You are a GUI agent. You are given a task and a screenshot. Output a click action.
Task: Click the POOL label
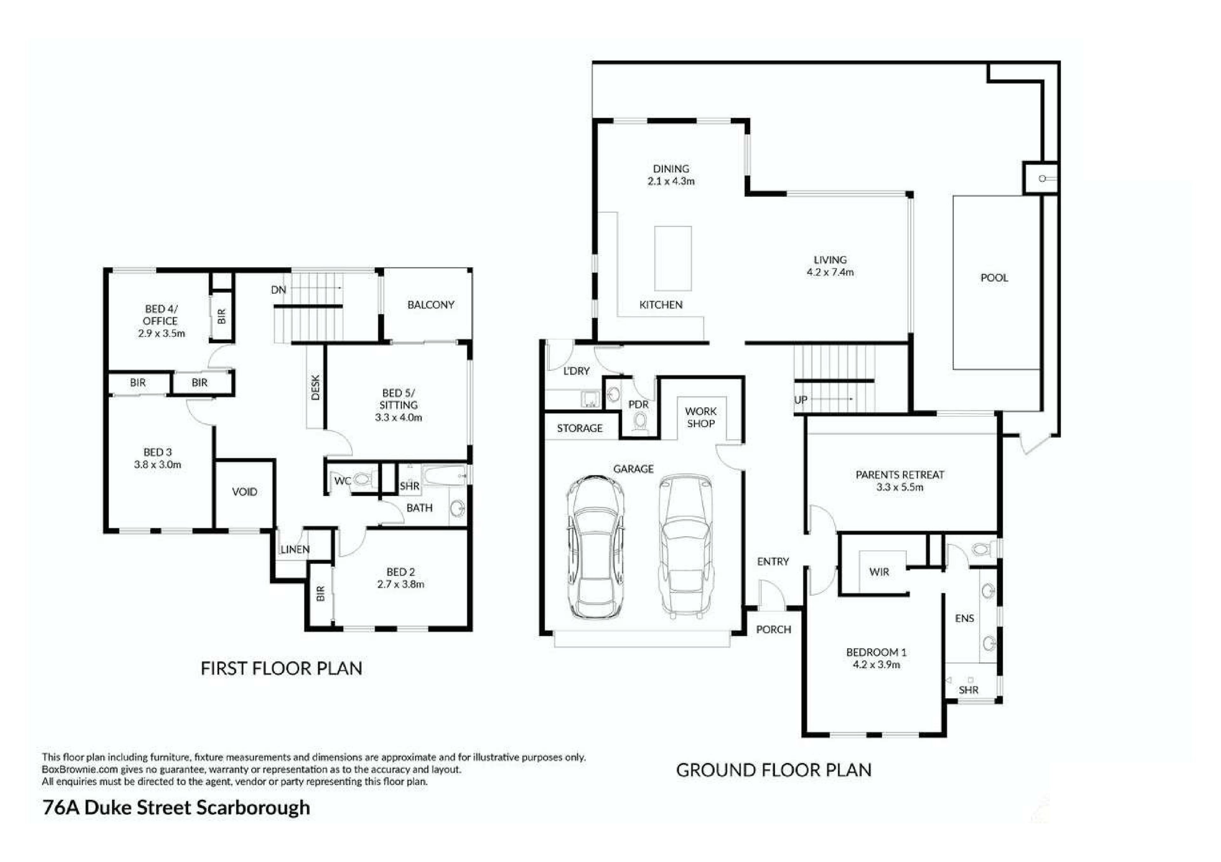[994, 278]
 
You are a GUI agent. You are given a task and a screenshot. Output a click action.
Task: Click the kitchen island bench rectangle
[673, 258]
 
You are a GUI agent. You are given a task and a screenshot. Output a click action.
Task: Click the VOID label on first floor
[245, 492]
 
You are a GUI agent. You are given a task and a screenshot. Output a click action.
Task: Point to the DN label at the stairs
[279, 290]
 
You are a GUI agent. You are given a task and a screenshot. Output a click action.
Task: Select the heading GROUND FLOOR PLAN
[774, 770]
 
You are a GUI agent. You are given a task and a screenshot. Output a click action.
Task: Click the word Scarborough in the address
[253, 808]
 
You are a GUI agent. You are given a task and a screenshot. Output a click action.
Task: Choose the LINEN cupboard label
[295, 549]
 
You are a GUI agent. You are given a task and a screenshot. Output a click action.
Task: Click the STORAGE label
[580, 428]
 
